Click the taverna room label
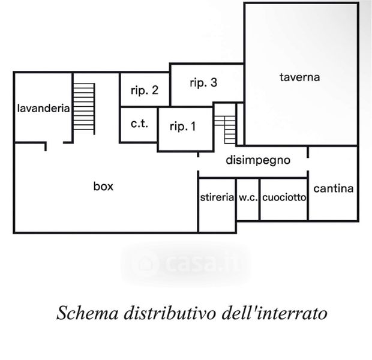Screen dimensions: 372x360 (299, 77)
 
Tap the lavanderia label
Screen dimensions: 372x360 (44, 109)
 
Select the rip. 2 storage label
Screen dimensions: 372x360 (145, 90)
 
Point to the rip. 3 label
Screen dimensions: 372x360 (203, 83)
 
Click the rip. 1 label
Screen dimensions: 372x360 (183, 126)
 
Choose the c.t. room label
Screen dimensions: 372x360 (139, 124)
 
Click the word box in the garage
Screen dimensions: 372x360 (103, 186)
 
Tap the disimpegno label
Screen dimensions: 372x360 (258, 160)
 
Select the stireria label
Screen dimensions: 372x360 (217, 197)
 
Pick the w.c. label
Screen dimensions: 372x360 (248, 197)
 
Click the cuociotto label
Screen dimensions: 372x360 (284, 197)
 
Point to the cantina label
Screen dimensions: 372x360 (334, 188)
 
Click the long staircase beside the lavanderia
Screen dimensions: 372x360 (84, 109)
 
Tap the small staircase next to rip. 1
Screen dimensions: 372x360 (225, 130)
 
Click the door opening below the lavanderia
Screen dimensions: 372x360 (55, 143)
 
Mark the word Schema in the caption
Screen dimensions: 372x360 (88, 313)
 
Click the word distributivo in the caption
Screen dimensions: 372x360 (170, 313)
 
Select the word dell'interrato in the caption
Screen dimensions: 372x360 (275, 313)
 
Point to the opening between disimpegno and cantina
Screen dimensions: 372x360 (308, 164)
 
